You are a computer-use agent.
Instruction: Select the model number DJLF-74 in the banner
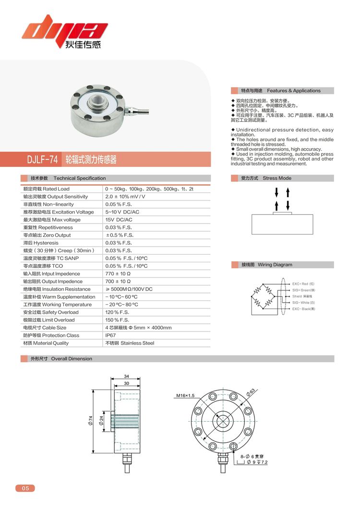[43, 159]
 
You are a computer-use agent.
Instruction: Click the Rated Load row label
[46, 189]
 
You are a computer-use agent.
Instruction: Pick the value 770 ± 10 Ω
[118, 273]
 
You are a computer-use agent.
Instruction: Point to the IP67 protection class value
[110, 335]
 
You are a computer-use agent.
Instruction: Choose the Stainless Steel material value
[130, 343]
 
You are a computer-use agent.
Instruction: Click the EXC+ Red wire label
[303, 284]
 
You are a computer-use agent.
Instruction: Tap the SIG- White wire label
[304, 303]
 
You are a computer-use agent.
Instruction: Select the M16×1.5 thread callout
[185, 396]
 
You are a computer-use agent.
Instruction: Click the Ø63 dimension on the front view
[250, 391]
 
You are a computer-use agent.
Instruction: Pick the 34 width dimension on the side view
[126, 376]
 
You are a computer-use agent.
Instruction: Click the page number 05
[25, 488]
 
